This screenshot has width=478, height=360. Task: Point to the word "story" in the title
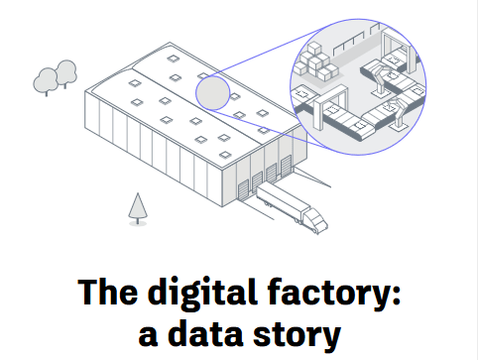pos(299,332)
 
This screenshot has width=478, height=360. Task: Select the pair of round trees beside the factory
pos(56,76)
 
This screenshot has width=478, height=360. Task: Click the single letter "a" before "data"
pos(149,334)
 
